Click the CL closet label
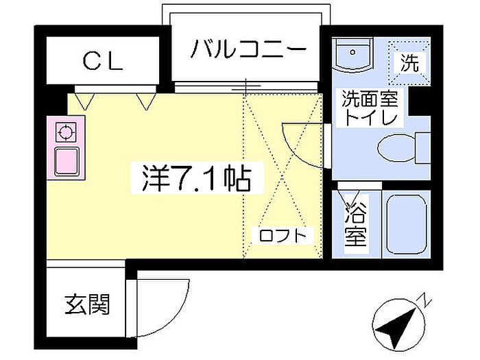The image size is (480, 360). click(x=103, y=62)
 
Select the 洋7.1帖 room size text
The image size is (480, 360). click(x=196, y=178)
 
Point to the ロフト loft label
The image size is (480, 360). click(x=285, y=235)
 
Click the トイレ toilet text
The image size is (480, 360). click(x=371, y=118)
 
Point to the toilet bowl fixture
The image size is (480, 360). click(x=397, y=146)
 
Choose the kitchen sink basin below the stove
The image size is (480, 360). click(x=67, y=161)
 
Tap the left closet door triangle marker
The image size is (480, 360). click(x=84, y=101)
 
